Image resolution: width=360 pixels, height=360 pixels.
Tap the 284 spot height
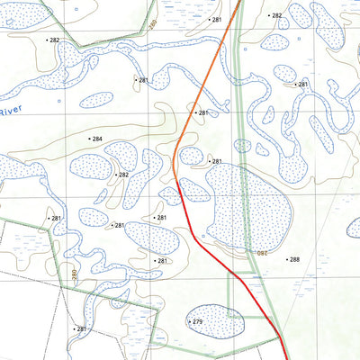point(96,139)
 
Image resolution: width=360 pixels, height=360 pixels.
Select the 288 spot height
point(293,259)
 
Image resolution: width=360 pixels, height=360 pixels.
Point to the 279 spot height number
point(197,321)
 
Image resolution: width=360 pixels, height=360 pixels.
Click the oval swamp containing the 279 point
point(215,320)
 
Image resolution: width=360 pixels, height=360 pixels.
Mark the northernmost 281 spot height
point(215,19)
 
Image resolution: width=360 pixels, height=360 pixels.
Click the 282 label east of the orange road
point(276,16)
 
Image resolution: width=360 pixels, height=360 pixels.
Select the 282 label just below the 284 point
point(123,175)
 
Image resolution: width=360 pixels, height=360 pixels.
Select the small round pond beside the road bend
point(191,156)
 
